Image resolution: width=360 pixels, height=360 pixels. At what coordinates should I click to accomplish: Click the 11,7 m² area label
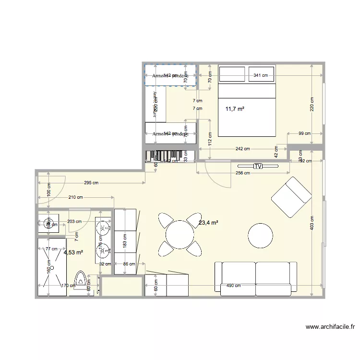(x=235, y=109)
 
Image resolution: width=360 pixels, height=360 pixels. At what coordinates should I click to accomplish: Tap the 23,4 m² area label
(x=208, y=222)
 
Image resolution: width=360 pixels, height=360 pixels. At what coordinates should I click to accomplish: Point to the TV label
(x=258, y=167)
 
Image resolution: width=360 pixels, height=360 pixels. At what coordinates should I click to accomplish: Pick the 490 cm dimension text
(x=234, y=287)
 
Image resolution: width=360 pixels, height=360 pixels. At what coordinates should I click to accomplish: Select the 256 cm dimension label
(x=244, y=173)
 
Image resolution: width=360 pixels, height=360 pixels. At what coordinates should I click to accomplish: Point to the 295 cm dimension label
(x=91, y=183)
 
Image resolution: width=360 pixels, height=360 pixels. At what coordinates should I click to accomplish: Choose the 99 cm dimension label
(x=304, y=133)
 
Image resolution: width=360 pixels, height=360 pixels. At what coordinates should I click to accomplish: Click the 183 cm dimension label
(x=125, y=240)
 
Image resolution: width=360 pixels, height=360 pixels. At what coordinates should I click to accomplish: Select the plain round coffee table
(x=261, y=235)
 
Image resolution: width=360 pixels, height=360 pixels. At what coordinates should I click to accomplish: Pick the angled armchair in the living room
(x=291, y=197)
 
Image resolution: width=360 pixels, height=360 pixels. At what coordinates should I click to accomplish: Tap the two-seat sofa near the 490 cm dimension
(x=256, y=278)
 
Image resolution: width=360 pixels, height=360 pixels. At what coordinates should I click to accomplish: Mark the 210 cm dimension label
(x=76, y=197)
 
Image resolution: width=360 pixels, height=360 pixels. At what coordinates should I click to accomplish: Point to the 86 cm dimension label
(x=129, y=264)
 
